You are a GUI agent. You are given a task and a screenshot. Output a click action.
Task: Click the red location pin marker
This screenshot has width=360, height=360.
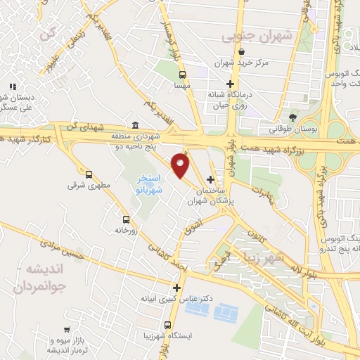(x=181, y=165)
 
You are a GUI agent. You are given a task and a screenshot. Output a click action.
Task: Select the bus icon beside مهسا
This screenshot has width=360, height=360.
(x=183, y=75)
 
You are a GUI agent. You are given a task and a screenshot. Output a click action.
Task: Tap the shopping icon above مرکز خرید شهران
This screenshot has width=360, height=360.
(x=243, y=51)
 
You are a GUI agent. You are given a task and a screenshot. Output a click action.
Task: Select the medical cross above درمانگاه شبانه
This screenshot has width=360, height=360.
(x=230, y=83)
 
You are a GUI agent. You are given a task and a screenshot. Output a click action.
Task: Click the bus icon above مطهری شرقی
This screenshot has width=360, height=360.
(x=89, y=174)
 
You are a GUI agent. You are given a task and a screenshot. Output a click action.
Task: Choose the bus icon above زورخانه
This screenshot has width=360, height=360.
(x=126, y=219)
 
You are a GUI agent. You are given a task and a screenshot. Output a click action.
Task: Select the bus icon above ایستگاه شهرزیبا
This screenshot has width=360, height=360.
(x=167, y=325)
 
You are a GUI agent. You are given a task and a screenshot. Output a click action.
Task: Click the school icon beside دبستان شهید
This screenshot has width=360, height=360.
(x=12, y=86)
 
